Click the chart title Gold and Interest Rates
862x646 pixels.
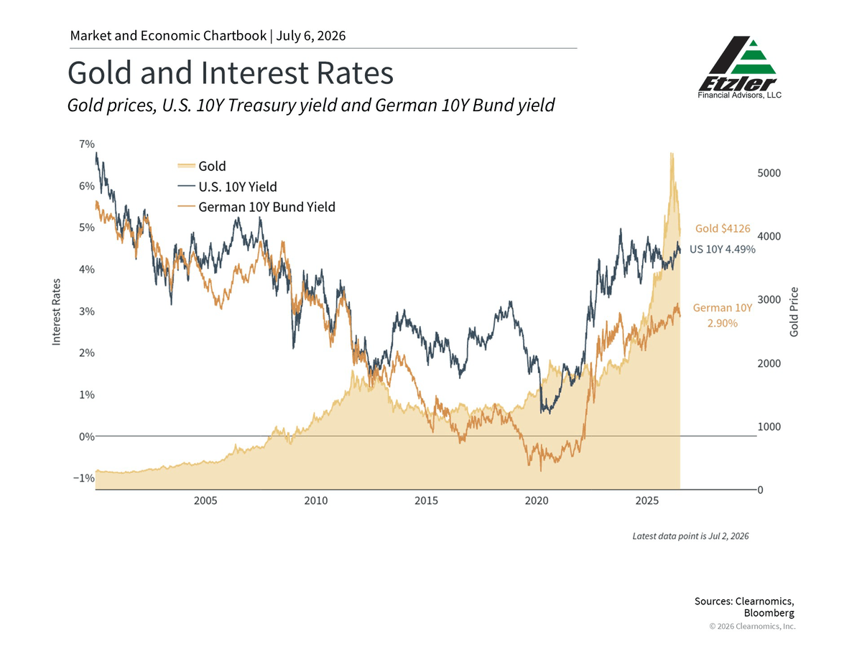click(x=230, y=72)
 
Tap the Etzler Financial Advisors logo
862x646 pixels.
click(x=739, y=67)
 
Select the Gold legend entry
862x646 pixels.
click(x=202, y=166)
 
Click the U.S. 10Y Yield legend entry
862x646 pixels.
click(x=228, y=187)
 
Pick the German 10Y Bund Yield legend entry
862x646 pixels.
click(x=256, y=207)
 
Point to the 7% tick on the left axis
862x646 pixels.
click(x=87, y=144)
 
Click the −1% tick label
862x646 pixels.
click(x=83, y=478)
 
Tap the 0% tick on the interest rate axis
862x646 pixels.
click(x=87, y=436)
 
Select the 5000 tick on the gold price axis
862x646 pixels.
click(x=769, y=173)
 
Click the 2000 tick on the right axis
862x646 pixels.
click(x=769, y=363)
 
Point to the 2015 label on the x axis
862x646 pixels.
click(x=426, y=500)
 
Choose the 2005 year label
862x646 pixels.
click(x=205, y=500)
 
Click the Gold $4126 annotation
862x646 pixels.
click(x=723, y=228)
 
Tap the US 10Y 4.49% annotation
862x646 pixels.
click(x=722, y=249)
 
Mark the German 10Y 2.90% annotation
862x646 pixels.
click(x=722, y=315)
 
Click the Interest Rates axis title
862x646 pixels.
click(x=56, y=312)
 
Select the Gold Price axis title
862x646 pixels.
click(x=794, y=312)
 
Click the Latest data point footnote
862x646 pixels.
click(x=690, y=535)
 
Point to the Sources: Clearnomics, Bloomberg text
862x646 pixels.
click(x=744, y=607)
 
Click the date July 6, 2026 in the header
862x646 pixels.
click(x=310, y=36)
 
